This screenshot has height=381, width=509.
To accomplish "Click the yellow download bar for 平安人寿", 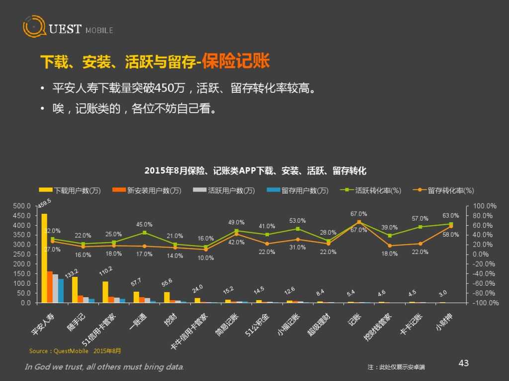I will (44, 258).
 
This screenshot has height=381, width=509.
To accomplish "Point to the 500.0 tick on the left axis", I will (22, 206).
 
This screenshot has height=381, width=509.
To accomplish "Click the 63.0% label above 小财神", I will (451, 216).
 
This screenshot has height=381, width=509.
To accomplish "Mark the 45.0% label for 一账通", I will (144, 224).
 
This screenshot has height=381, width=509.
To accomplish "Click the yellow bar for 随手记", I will (75, 290).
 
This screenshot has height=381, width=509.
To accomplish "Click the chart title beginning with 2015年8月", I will (255, 171).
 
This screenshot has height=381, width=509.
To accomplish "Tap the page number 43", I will (463, 363).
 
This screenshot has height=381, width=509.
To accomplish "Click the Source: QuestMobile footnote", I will (75, 351).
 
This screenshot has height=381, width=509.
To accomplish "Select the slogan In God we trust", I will (104, 367).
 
